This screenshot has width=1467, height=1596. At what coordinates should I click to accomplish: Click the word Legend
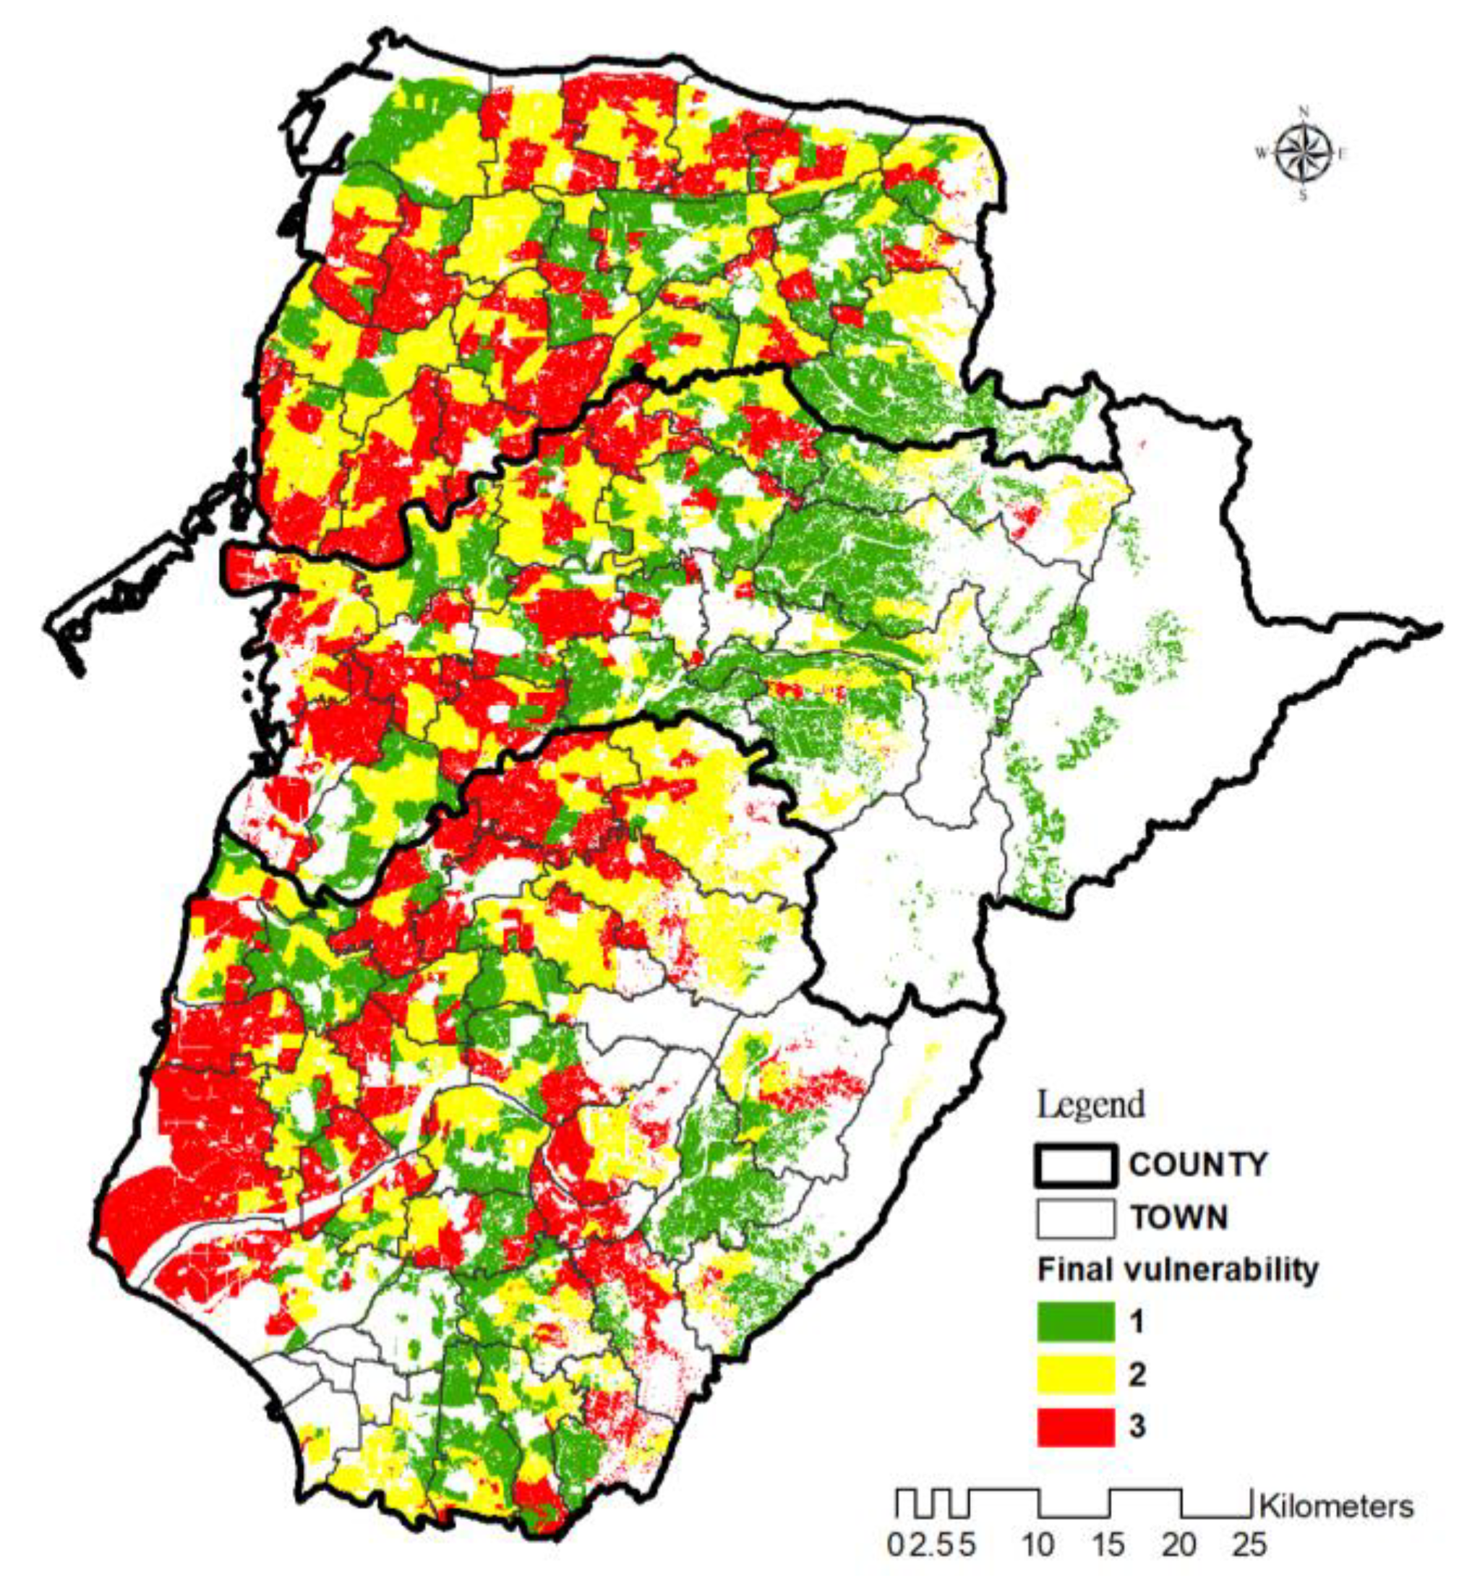coord(1091,1104)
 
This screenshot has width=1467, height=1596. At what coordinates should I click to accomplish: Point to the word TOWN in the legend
coord(1179,1217)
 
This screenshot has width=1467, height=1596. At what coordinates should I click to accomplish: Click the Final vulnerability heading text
coord(1177,1270)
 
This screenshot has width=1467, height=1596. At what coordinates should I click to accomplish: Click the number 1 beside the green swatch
coord(1137,1322)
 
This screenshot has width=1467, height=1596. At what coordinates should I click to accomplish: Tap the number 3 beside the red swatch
coord(1137,1426)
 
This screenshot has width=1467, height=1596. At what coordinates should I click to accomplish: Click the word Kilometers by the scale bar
coord(1336,1506)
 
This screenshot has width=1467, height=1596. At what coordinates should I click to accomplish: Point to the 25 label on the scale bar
coord(1249,1545)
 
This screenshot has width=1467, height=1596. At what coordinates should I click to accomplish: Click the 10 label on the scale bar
coord(1039,1545)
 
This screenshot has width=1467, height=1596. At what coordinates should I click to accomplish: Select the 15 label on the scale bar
coord(1108,1545)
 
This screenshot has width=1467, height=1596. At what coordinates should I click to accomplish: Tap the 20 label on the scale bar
coord(1179,1545)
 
